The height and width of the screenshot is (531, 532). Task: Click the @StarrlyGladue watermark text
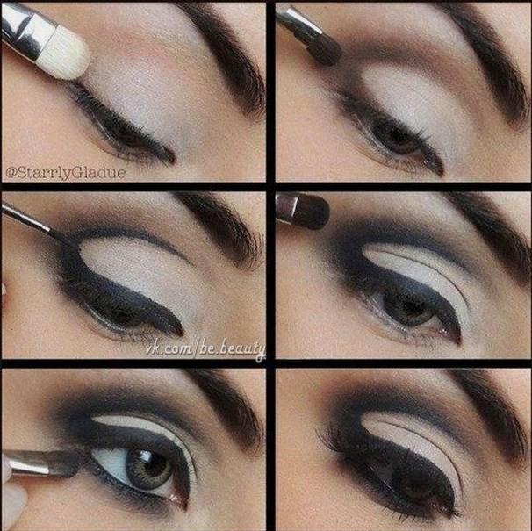click(x=66, y=173)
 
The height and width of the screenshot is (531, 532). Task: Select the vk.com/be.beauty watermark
click(x=205, y=349)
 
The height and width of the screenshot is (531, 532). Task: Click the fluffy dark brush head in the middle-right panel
click(x=313, y=211)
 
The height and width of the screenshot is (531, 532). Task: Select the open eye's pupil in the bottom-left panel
click(x=149, y=463)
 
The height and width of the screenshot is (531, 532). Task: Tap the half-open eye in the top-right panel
click(x=397, y=139)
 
